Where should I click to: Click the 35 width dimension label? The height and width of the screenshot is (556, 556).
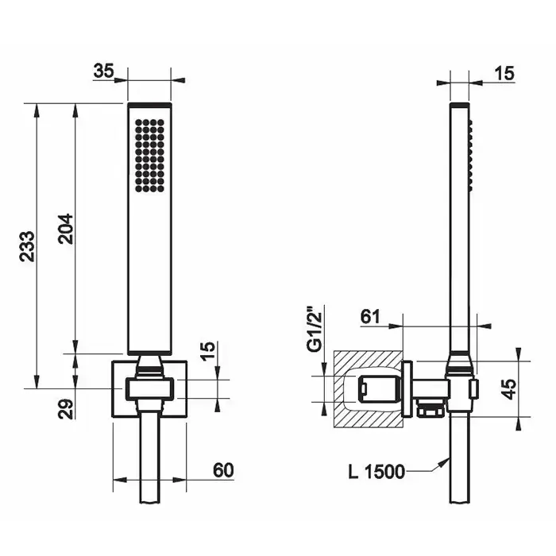click(103, 71)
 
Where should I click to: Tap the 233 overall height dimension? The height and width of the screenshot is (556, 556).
click(28, 246)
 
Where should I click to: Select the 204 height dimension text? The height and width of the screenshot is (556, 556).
click(66, 229)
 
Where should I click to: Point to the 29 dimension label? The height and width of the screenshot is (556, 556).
click(66, 409)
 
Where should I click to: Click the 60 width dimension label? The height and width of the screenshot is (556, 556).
click(223, 470)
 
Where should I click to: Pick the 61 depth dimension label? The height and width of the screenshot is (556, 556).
click(370, 317)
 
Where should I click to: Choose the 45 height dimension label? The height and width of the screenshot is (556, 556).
click(509, 389)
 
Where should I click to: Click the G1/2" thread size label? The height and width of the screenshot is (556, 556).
click(315, 328)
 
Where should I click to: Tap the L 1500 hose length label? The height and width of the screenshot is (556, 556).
click(376, 472)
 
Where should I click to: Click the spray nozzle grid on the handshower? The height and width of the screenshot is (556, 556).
click(149, 156)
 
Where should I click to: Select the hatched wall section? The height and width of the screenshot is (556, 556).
click(368, 389)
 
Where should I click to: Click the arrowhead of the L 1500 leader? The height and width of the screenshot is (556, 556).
click(446, 461)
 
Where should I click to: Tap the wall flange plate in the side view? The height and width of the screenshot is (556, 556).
click(407, 388)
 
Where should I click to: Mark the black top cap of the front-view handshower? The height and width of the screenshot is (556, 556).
click(149, 105)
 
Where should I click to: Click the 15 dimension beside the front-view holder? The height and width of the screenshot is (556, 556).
click(208, 351)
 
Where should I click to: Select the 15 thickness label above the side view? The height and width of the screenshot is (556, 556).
click(504, 74)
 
